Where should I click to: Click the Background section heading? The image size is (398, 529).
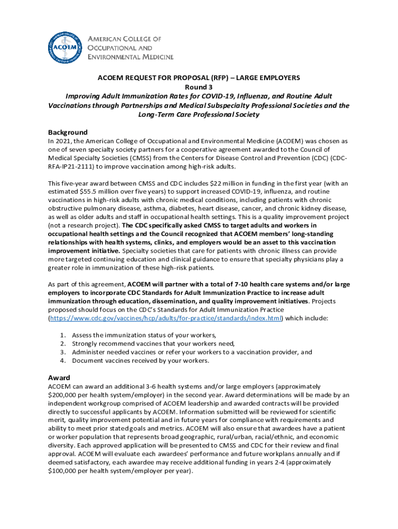coord(68,132)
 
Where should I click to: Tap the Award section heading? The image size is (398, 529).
coord(59,378)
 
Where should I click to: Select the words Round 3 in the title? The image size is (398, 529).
coord(199,87)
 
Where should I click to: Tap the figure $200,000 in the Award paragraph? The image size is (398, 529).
coord(64,395)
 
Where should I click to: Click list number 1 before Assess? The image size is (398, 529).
coord(63,335)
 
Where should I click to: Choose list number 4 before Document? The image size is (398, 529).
coord(63,361)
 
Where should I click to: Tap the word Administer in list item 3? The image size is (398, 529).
coord(88,352)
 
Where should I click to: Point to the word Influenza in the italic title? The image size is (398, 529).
coord(239,96)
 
